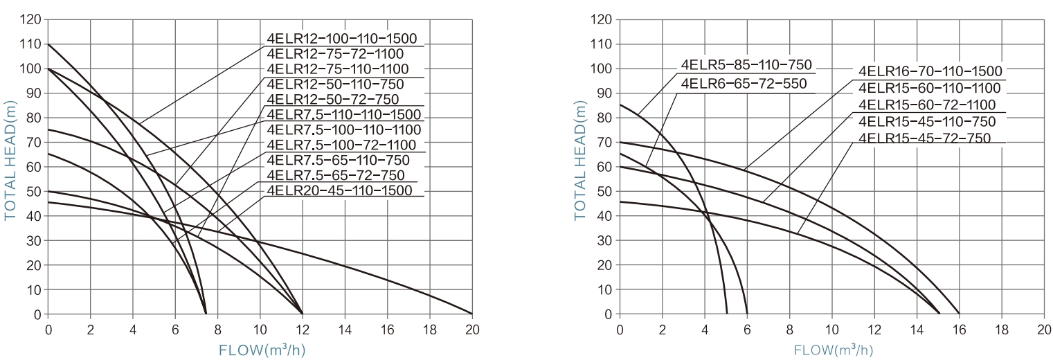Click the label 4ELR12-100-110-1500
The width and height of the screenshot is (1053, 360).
pos(343,38)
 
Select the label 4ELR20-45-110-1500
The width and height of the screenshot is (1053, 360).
pos(339,190)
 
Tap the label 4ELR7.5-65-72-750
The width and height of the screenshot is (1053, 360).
pos(335,174)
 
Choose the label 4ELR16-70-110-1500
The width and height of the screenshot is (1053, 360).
pos(930,72)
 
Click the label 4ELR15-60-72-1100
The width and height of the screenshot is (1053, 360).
pos(927,105)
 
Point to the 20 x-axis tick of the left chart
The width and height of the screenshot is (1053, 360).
pos(471,328)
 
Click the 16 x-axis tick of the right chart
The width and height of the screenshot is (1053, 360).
pos(959,328)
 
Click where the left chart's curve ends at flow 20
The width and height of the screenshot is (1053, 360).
pos(471,314)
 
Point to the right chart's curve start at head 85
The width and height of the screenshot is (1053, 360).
pos(620,105)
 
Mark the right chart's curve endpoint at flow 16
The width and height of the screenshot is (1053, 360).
pos(959,314)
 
